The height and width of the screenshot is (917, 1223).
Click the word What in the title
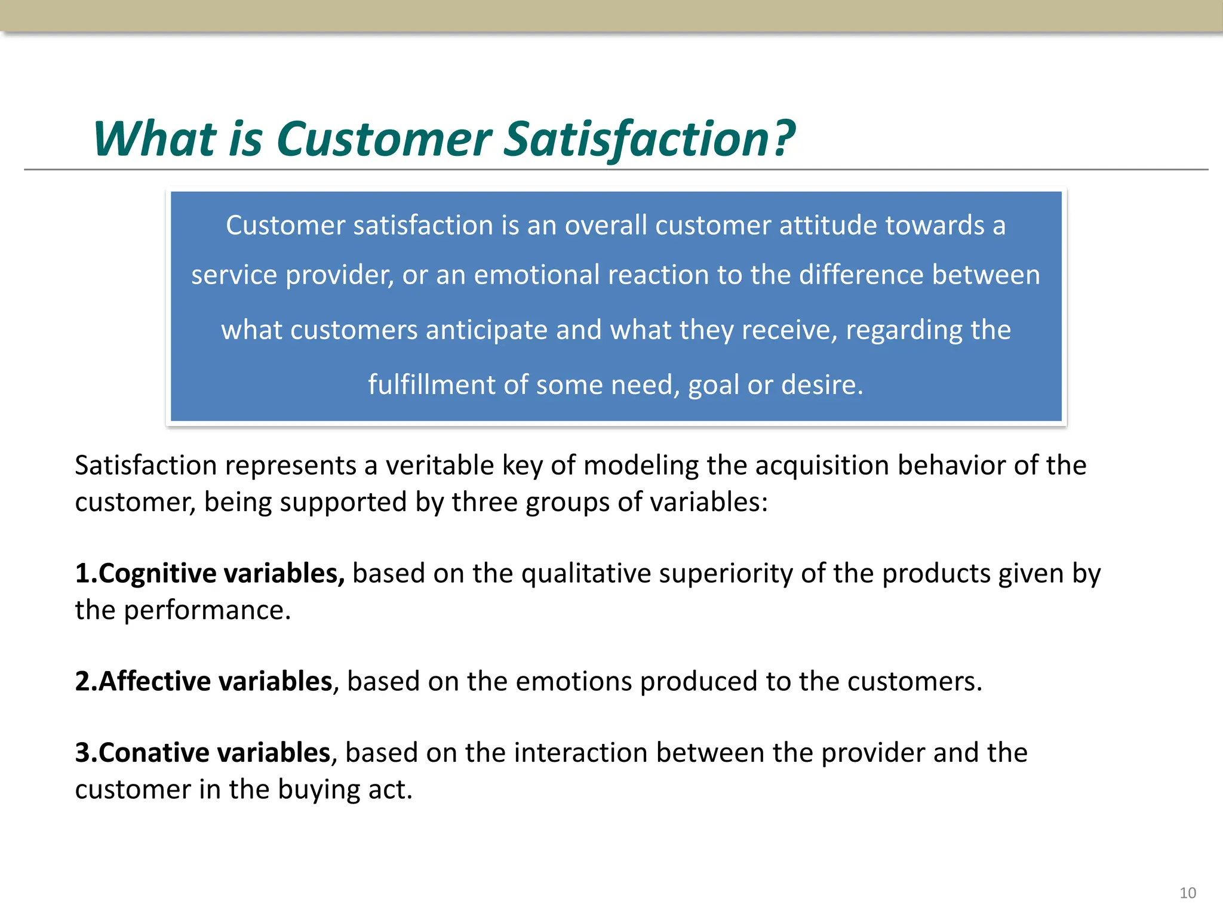click(154, 139)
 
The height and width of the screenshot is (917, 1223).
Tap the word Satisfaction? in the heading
click(649, 139)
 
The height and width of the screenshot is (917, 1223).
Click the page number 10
click(1187, 893)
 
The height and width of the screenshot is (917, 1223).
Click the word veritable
click(440, 465)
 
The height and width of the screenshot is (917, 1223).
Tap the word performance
click(207, 610)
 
